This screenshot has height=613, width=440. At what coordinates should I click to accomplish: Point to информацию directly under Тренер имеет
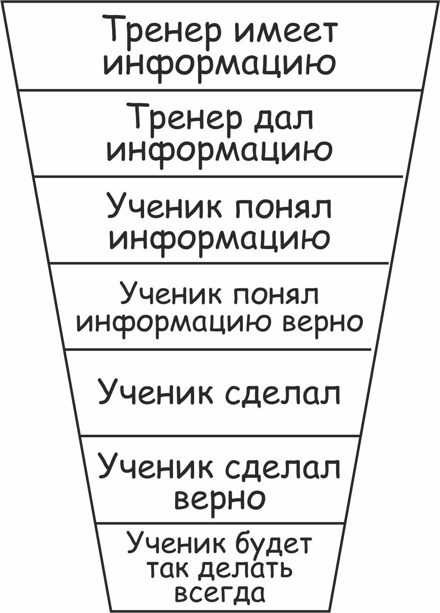pos(220,63)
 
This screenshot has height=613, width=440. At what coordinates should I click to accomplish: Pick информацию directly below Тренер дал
pos(220,150)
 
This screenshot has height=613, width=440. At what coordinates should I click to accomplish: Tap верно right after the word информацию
pos(323,322)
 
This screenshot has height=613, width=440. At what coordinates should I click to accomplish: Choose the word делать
pos(245,569)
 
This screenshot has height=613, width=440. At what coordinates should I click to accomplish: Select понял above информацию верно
pos(276,295)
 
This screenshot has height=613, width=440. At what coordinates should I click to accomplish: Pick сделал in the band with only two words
pos(283,393)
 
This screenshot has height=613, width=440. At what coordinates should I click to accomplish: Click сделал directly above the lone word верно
pos(283,467)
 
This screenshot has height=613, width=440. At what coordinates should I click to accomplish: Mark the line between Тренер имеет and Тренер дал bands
pos(220,90)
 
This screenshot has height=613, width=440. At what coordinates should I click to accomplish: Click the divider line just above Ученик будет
pos(220,523)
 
